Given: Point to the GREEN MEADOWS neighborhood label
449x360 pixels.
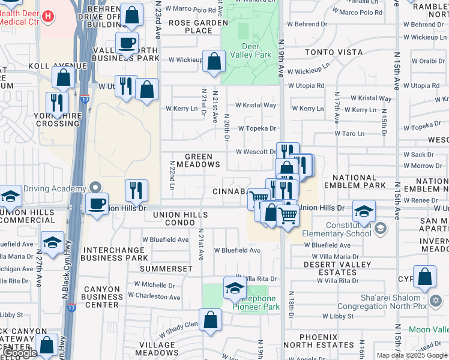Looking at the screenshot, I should click(x=198, y=160).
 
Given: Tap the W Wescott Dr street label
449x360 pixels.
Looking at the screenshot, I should click(x=255, y=152).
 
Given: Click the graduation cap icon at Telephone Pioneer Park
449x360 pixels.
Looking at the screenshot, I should click(x=235, y=288).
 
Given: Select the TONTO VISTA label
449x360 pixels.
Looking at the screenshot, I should click(x=330, y=52).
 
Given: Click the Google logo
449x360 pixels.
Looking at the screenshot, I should click(x=20, y=353).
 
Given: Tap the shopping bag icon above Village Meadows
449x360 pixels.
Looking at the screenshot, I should click(x=210, y=320).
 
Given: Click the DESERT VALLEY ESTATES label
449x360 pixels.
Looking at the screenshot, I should click(x=330, y=268).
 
